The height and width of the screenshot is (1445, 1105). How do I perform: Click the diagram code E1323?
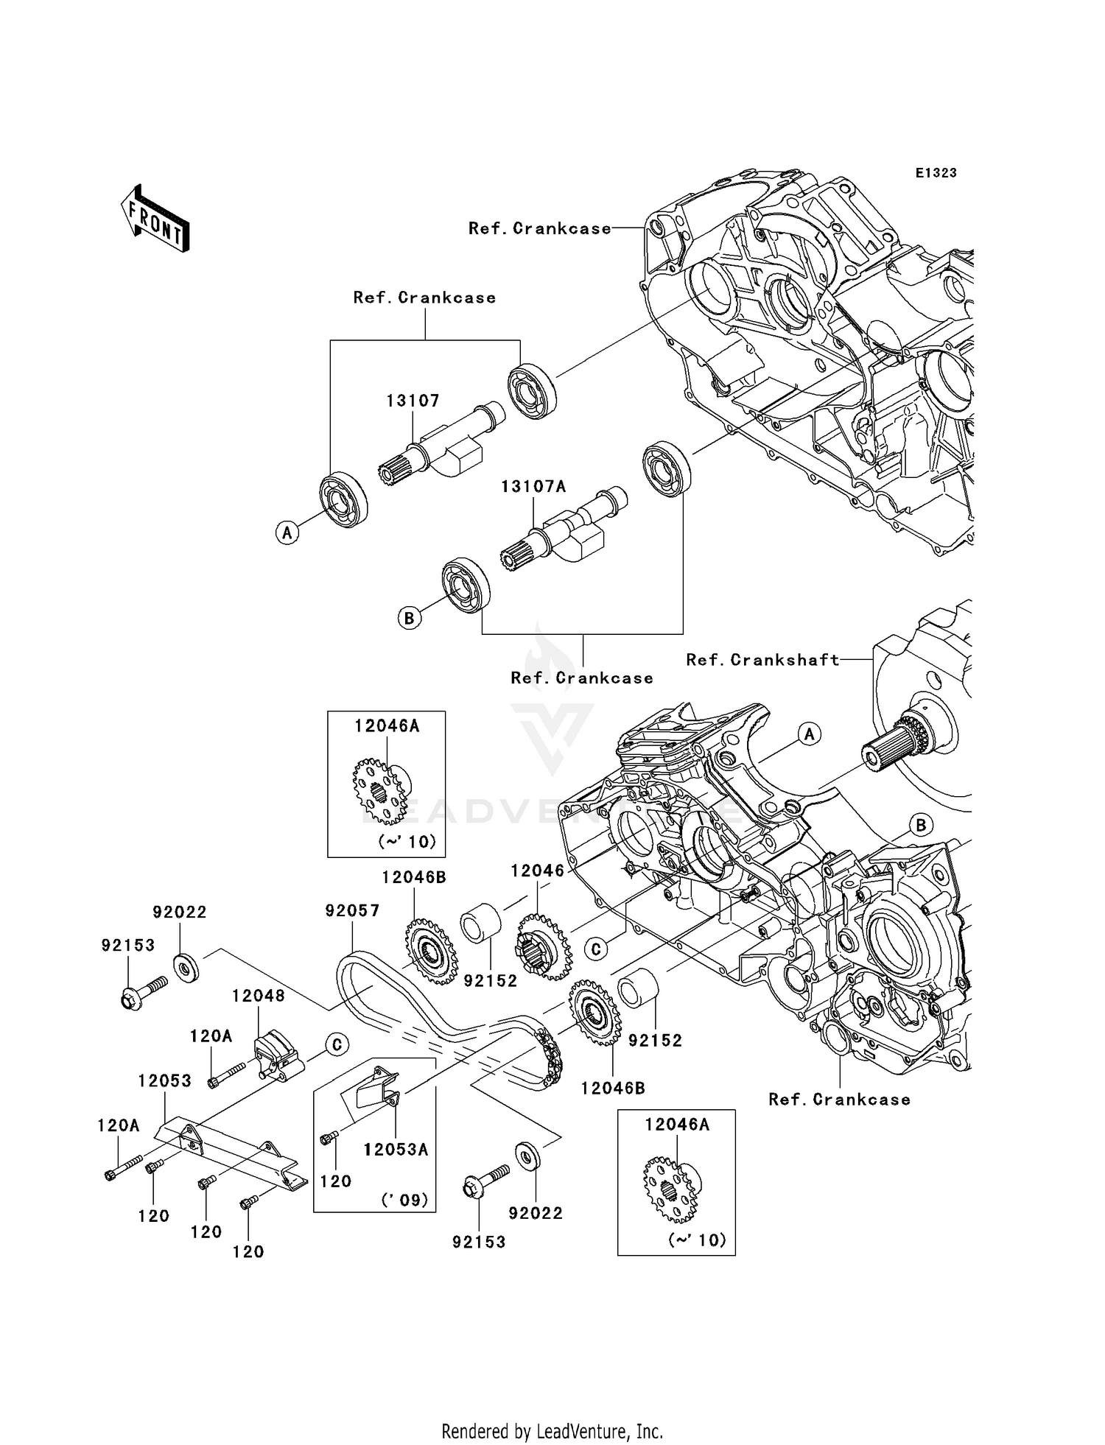click(x=936, y=173)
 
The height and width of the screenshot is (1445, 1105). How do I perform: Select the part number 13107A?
click(x=533, y=487)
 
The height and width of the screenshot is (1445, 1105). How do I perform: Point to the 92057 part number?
click(x=352, y=911)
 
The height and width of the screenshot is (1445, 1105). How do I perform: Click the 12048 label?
click(x=258, y=996)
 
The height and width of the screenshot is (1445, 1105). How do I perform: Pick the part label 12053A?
click(x=396, y=1150)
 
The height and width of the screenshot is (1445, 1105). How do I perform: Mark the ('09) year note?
click(x=404, y=1200)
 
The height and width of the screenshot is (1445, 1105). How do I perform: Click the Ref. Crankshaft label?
click(x=762, y=660)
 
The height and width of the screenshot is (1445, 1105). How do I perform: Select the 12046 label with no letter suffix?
click(x=537, y=871)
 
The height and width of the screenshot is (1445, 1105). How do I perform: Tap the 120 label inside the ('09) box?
click(x=336, y=1181)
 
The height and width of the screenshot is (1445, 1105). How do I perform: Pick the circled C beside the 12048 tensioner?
click(x=336, y=1044)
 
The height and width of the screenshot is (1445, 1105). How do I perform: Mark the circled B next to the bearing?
click(x=410, y=618)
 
